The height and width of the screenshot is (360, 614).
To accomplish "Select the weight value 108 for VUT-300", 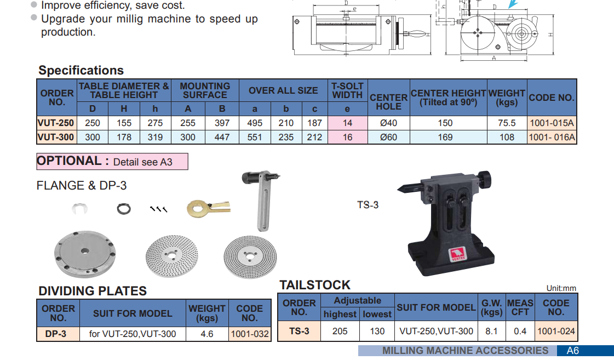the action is (x=507, y=137).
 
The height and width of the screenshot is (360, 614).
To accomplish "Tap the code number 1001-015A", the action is (x=552, y=123).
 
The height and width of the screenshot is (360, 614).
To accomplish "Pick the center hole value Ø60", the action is (x=388, y=137).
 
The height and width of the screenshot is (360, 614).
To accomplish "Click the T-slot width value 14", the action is (x=347, y=123).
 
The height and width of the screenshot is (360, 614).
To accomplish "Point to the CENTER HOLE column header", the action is (x=388, y=102).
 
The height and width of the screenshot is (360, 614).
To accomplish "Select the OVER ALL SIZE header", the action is (x=283, y=90).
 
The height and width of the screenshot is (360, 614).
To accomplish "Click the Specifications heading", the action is (x=81, y=70).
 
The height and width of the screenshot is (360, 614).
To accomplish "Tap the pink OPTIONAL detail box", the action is (x=112, y=162).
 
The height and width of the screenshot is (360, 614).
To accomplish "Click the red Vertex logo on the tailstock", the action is (x=457, y=254).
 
